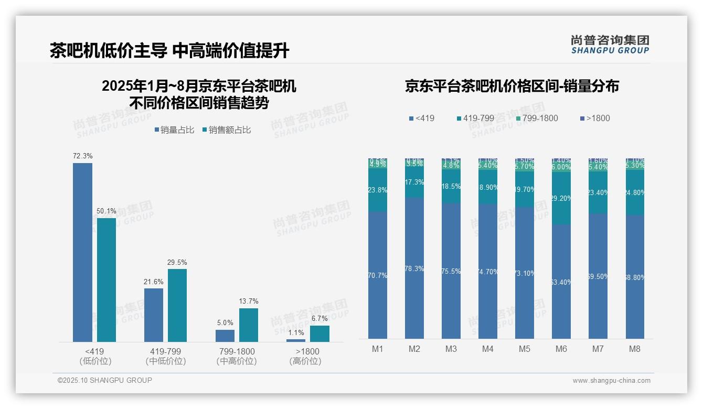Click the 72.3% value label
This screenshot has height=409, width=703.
[83, 156]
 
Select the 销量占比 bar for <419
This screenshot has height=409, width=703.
[82, 252]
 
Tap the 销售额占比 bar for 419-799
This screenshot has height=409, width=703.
[177, 305]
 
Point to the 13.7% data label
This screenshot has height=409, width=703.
[249, 301]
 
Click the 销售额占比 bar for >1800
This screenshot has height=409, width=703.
[319, 333]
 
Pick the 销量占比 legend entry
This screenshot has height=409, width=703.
[175, 130]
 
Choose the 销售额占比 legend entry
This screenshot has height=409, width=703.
[227, 130]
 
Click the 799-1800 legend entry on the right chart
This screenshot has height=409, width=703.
[536, 119]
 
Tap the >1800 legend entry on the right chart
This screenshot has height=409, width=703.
[595, 119]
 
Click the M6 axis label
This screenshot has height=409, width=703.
[561, 349]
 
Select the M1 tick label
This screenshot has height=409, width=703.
[378, 349]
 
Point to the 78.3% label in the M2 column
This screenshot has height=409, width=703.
[414, 268]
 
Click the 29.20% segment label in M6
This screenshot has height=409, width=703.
[561, 198]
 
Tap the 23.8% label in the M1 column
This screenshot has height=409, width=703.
[378, 190]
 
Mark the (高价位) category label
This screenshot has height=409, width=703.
[305, 361]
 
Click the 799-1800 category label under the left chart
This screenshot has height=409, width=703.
[236, 351]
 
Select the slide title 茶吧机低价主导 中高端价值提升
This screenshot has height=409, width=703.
[169, 51]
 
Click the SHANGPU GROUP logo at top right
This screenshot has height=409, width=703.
[610, 45]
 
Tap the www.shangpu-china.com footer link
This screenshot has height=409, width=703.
[611, 381]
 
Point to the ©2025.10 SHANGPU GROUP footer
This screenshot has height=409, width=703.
[105, 380]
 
